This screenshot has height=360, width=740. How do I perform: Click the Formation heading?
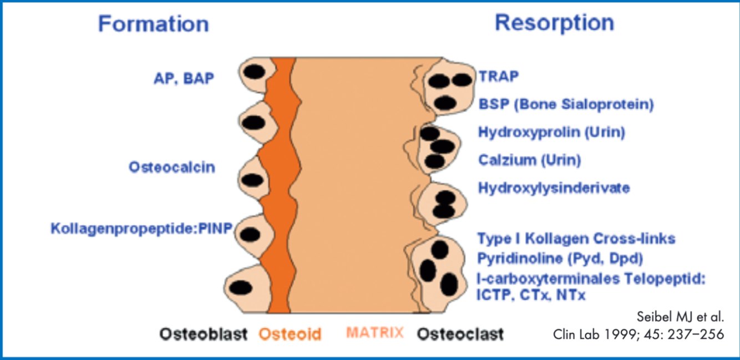[x=153, y=24]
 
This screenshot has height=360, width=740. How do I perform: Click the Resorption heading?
[x=554, y=23]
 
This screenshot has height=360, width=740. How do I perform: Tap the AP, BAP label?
[x=184, y=79]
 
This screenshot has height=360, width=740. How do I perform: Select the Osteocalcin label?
[x=172, y=167]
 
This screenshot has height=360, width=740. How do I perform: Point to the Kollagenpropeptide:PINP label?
[x=141, y=228]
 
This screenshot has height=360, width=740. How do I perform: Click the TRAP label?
[x=499, y=77]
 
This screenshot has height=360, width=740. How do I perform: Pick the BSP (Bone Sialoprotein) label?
[x=566, y=104]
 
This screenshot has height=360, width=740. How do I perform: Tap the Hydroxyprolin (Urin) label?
[x=551, y=133]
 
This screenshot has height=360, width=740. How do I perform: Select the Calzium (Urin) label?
[x=529, y=160]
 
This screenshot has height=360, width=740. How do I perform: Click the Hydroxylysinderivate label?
[x=554, y=188]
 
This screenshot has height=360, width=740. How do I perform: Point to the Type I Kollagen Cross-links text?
[x=576, y=239]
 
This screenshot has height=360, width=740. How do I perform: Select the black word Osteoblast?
[x=204, y=334]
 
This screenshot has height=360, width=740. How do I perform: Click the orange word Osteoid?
[x=290, y=334]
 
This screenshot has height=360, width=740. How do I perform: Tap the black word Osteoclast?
[x=460, y=334]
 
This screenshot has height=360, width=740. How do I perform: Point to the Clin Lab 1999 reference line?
[x=638, y=334]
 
